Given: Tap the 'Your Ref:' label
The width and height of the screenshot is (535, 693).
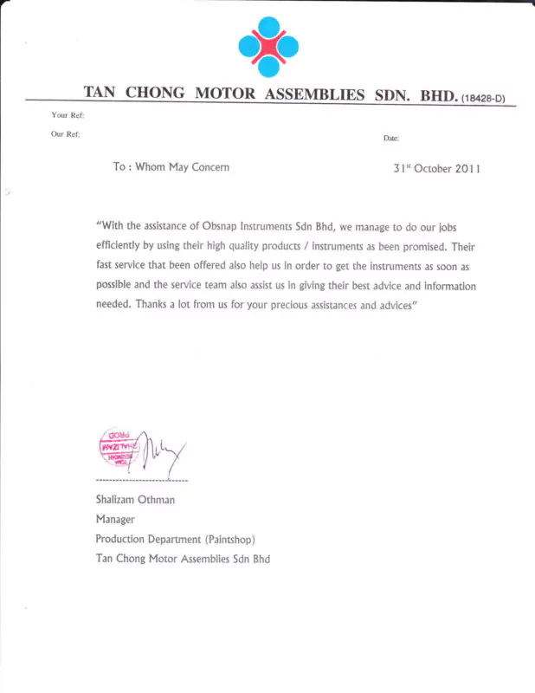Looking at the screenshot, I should (67, 115).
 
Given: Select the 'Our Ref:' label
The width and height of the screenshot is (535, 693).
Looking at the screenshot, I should (66, 133).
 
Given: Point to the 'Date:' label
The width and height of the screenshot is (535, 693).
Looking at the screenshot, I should (390, 139).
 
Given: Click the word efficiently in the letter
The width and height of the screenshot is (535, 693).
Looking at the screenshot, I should (122, 246).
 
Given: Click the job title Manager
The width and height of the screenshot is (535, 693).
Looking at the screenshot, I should (115, 519).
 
